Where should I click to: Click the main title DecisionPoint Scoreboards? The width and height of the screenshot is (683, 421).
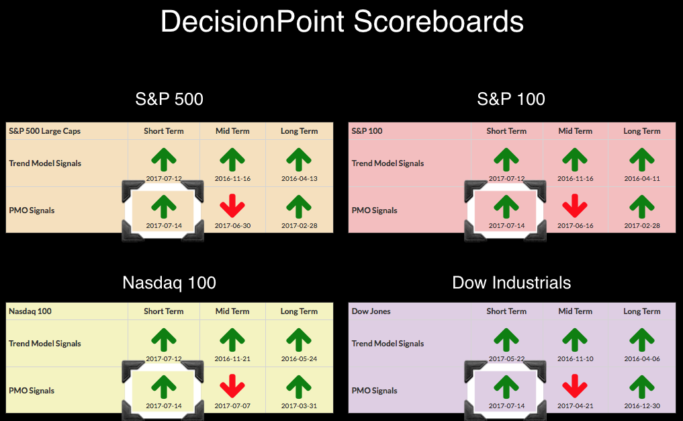tap(342, 22)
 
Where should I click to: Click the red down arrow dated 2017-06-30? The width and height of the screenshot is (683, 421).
tap(232, 206)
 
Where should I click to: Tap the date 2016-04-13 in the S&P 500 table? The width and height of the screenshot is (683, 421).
tap(300, 178)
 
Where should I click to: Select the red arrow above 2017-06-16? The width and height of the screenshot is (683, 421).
tap(575, 206)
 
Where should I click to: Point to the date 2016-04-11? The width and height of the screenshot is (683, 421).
tap(642, 178)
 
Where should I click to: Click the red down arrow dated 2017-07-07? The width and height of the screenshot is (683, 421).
tap(232, 385)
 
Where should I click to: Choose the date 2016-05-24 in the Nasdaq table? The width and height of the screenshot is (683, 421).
tap(300, 358)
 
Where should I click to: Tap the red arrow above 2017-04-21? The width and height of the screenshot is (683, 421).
tap(575, 385)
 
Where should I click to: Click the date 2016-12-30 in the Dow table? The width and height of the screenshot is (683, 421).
tap(642, 406)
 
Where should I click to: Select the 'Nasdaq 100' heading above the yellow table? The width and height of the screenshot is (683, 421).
tap(169, 282)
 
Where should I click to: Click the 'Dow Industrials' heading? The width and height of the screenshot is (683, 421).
tap(511, 282)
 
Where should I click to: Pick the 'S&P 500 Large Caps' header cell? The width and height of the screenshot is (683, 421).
tap(44, 131)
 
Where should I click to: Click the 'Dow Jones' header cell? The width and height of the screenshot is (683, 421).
tap(371, 311)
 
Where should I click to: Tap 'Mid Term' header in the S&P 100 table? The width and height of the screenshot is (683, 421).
tap(575, 131)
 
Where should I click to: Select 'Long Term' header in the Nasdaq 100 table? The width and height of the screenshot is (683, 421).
tap(299, 311)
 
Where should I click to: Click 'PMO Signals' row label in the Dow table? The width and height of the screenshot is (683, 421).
tap(375, 391)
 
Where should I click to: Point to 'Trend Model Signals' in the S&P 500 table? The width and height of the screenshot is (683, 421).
tap(45, 163)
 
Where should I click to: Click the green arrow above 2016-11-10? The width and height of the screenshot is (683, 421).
tap(575, 340)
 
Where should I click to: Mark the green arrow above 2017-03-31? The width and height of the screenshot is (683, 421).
tap(299, 387)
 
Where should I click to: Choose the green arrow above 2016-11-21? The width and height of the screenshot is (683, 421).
tap(232, 340)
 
